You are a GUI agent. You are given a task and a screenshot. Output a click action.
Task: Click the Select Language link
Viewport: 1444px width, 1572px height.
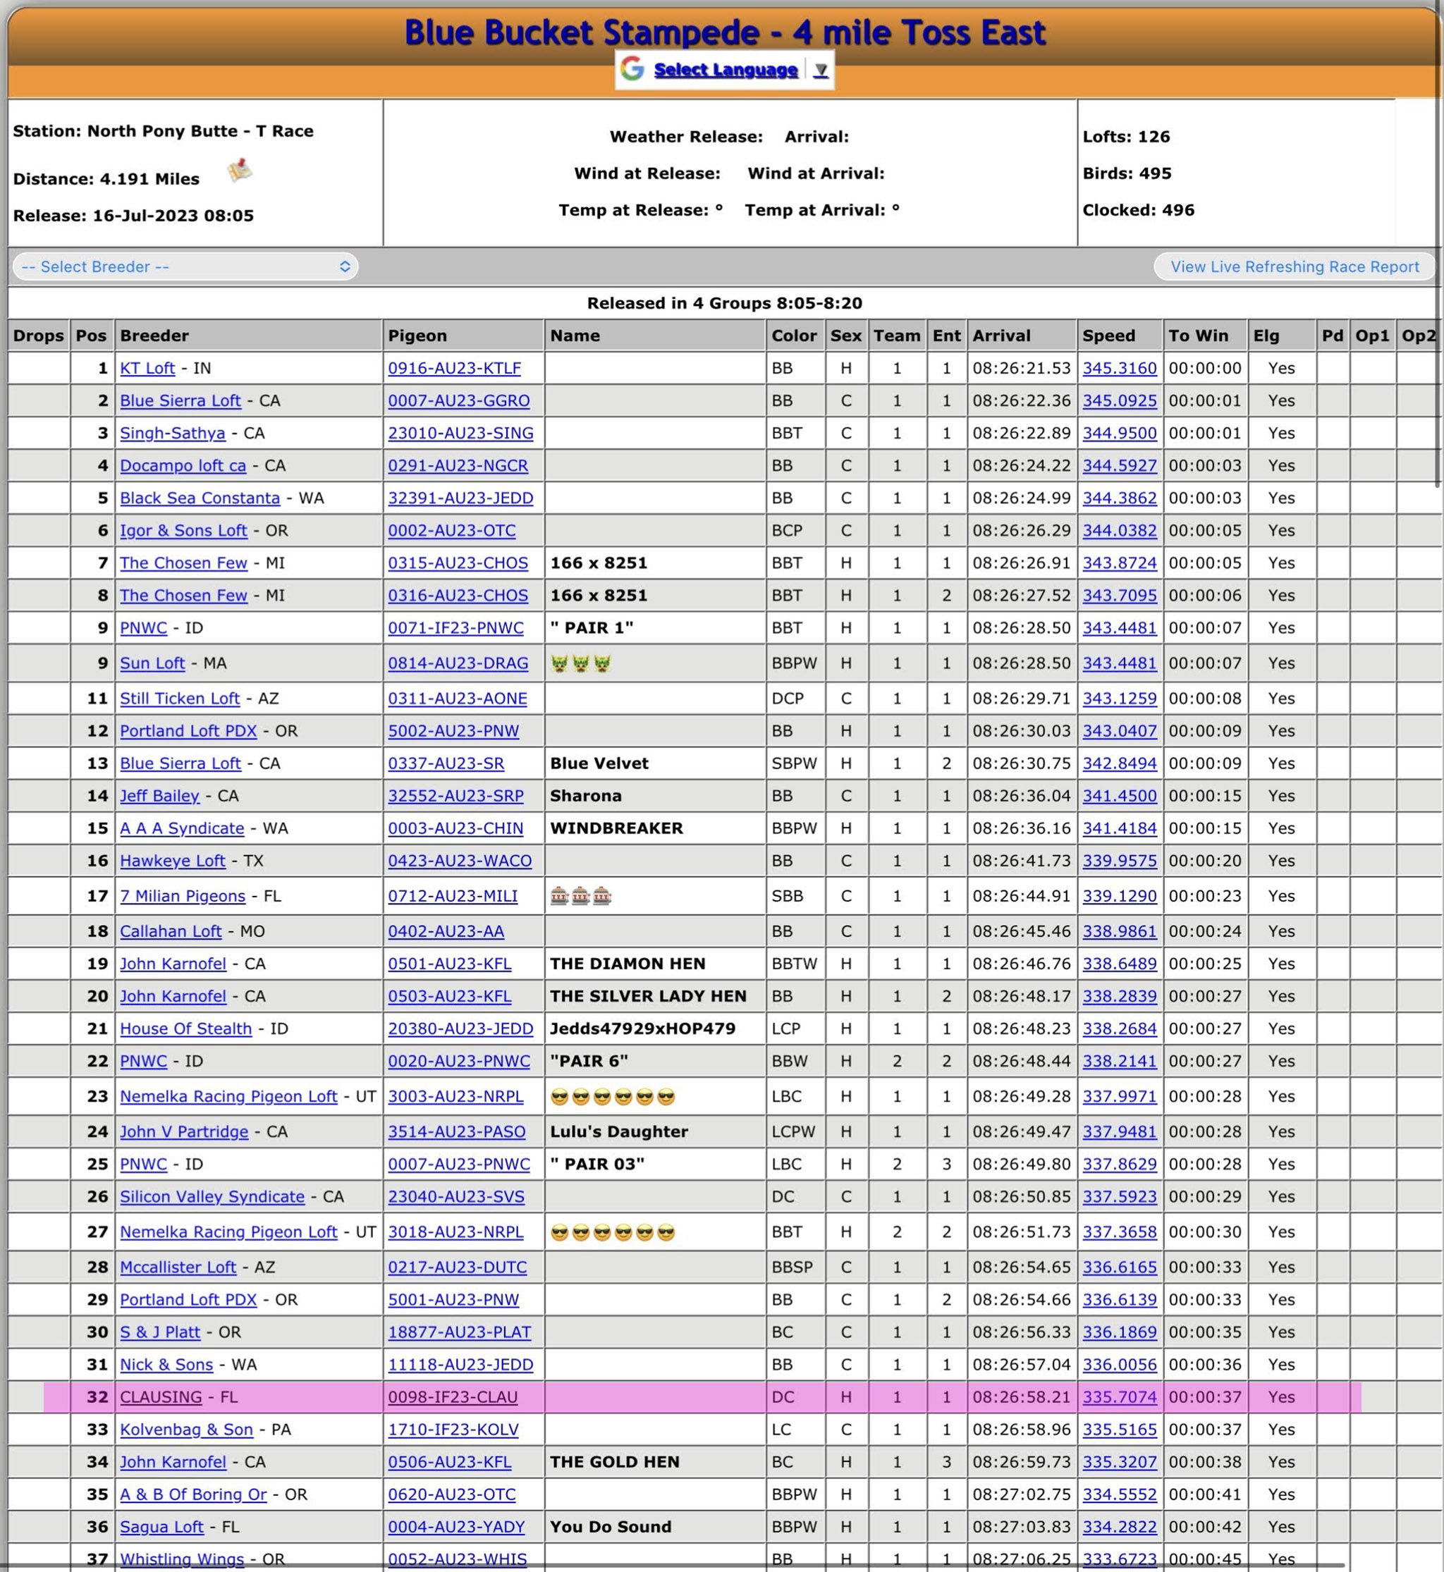725,70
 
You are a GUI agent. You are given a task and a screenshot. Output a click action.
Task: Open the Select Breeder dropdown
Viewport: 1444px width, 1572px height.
185,266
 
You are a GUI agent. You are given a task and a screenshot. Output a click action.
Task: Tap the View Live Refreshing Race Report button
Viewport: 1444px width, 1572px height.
1294,266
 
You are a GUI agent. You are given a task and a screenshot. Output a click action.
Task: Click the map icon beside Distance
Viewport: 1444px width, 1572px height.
240,171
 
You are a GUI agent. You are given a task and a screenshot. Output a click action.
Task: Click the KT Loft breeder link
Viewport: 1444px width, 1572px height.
147,368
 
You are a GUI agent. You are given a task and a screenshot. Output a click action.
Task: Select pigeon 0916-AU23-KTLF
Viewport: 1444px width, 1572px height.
454,368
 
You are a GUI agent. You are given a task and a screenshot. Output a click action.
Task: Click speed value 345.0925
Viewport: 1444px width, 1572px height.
1119,401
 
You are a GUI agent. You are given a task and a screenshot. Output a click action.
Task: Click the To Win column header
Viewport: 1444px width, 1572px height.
1198,335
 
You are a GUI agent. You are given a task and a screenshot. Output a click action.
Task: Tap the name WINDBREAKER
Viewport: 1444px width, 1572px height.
616,828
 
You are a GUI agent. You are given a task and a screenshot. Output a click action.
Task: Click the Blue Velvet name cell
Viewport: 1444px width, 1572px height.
599,763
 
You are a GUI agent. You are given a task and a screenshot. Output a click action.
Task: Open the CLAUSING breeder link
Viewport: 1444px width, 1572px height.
160,1397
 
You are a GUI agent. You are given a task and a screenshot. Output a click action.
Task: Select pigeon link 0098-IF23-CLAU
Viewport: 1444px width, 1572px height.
453,1397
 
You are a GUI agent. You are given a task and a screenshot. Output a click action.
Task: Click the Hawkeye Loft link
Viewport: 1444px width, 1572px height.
172,861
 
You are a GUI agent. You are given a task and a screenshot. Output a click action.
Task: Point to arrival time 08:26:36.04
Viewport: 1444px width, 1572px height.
1020,796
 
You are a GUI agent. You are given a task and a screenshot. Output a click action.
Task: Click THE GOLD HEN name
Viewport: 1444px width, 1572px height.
614,1462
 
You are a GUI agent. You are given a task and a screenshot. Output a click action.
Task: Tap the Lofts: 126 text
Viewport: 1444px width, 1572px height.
1126,137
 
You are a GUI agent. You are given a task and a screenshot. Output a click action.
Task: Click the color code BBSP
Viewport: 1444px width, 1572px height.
792,1267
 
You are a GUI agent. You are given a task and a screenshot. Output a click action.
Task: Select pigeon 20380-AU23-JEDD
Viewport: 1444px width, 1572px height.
460,1029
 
